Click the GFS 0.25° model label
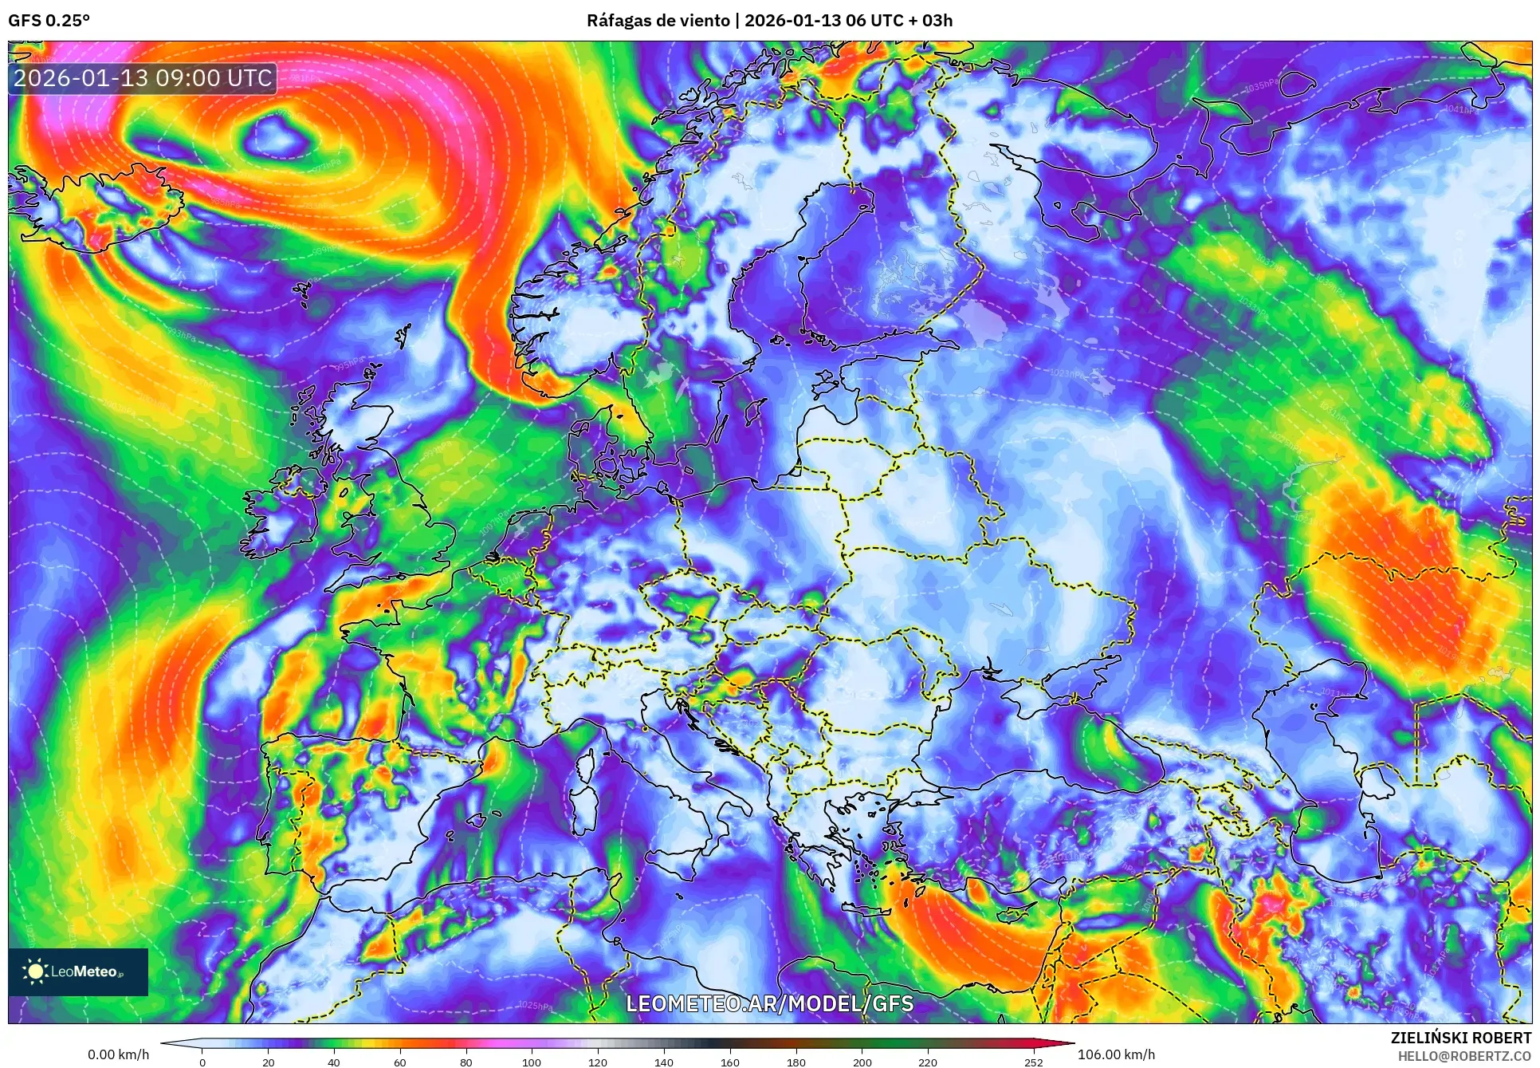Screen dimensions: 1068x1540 point(49,21)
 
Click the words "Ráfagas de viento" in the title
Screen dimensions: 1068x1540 point(658,21)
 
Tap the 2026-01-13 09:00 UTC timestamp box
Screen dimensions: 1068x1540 point(143,78)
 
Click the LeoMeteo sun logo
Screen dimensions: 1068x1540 point(36,971)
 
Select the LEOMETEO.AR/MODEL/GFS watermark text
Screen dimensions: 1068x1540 point(769,1003)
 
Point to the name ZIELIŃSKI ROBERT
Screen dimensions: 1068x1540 point(1460,1038)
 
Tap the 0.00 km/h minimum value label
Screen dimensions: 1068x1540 point(118,1054)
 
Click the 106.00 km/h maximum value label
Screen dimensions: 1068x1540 point(1116,1054)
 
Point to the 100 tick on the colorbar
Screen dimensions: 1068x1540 point(532,1062)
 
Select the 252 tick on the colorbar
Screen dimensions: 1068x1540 point(1033,1062)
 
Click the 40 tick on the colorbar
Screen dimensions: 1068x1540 point(334,1062)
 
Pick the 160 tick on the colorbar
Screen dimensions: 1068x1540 point(729,1062)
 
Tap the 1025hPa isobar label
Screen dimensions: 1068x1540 point(535,1006)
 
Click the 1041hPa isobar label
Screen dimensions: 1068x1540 point(1460,109)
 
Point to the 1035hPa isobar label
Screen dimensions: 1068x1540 point(1261,85)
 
